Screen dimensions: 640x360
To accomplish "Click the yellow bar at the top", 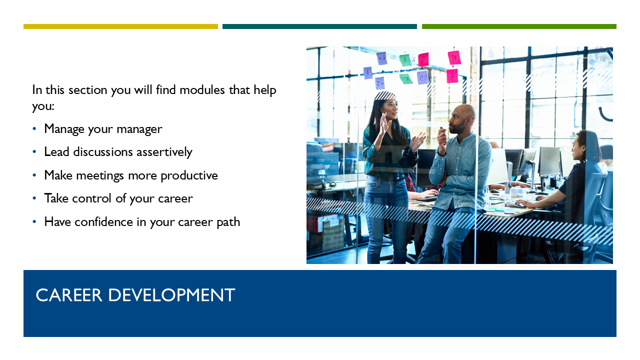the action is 120,26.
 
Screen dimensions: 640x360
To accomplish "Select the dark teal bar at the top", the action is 319,26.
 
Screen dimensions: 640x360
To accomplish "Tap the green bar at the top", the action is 519,26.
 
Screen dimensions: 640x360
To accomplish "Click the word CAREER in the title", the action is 69,295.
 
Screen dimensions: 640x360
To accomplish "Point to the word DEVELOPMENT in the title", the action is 171,295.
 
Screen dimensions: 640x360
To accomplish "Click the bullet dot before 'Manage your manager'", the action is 34,129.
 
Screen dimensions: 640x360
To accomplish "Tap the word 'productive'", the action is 189,175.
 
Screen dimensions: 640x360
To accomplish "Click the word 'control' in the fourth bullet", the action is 91,198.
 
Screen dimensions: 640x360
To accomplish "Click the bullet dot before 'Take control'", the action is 34,198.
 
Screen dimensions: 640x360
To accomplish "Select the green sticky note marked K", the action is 405,60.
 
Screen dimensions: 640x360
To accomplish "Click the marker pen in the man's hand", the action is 442,131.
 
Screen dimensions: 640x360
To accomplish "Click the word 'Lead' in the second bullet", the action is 56,152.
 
